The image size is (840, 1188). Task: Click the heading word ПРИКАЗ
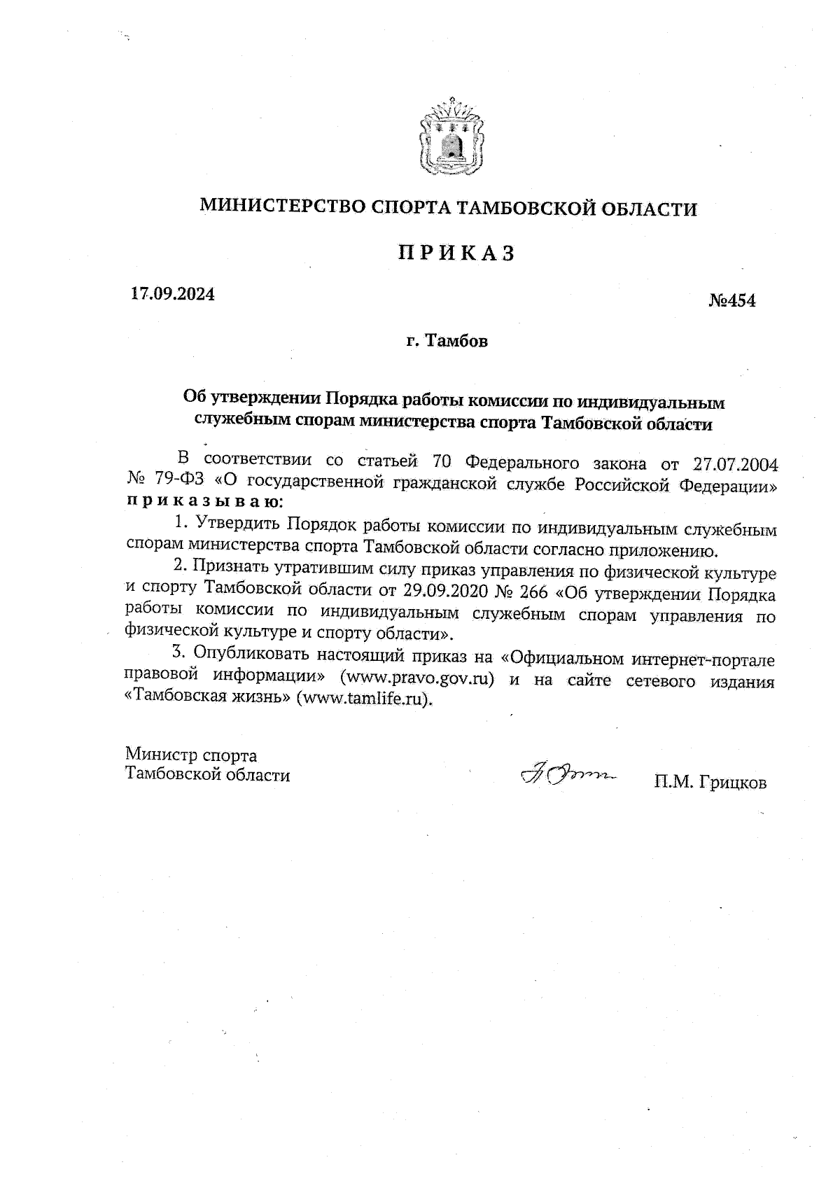click(x=456, y=253)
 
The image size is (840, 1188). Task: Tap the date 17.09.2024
click(x=173, y=294)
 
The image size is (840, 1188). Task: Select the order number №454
click(x=732, y=301)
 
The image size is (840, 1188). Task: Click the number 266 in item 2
click(x=534, y=594)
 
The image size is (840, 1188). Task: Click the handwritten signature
click(x=565, y=775)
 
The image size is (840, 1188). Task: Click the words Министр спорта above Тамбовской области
click(x=191, y=755)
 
